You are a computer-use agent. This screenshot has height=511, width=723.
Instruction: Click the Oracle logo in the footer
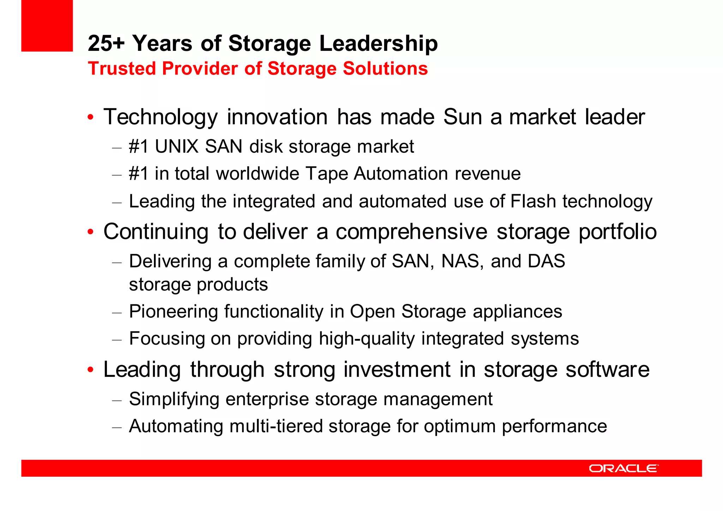click(x=623, y=468)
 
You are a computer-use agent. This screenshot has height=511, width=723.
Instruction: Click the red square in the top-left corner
click(x=47, y=25)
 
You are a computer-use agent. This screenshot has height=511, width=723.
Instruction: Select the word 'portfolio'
click(x=617, y=232)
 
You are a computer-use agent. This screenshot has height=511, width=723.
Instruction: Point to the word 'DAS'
click(x=546, y=261)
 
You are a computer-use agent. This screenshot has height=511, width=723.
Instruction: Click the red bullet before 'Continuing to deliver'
click(x=91, y=232)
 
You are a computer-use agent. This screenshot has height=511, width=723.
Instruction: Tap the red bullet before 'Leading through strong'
click(x=91, y=370)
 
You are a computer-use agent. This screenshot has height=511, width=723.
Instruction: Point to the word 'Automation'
click(x=401, y=174)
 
